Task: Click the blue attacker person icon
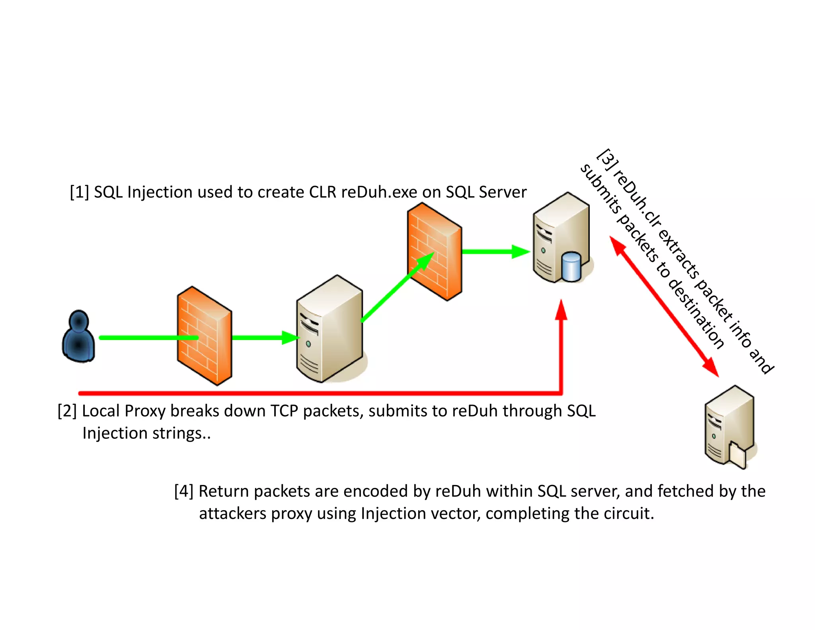pos(78,337)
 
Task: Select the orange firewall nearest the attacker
pos(204,336)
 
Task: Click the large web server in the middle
pos(330,329)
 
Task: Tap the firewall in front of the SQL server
pos(434,251)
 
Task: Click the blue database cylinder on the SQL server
pos(572,267)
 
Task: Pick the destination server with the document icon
pos(729,426)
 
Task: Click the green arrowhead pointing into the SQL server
pos(521,252)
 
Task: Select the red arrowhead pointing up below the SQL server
pos(561,311)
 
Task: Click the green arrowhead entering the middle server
pos(290,338)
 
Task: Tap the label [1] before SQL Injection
pos(79,192)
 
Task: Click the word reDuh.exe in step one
pos(379,192)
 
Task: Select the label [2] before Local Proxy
pos(67,411)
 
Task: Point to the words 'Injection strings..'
pos(146,433)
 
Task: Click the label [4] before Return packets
pos(184,491)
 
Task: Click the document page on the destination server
pos(737,455)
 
